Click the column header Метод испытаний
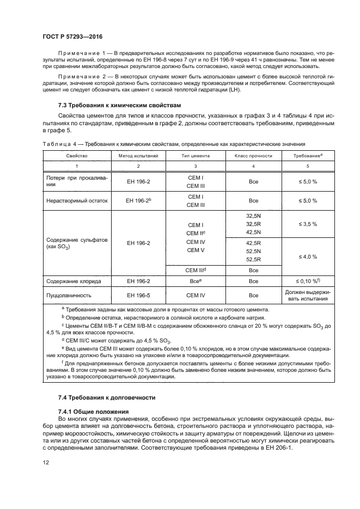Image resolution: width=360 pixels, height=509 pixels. click(138, 156)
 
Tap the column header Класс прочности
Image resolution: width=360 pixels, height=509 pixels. click(253, 156)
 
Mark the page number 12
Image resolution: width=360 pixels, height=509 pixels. click(46, 462)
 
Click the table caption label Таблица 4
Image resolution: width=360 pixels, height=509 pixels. click(60, 144)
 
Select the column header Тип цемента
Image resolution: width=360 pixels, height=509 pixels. click(195, 156)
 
